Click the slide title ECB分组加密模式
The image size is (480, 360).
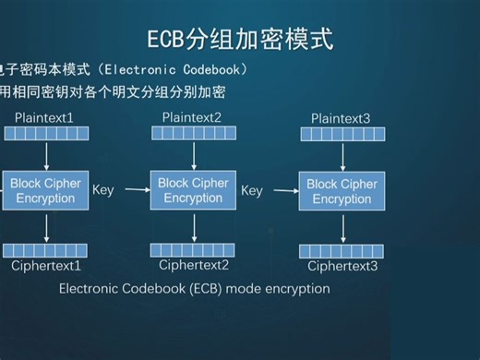point(240,39)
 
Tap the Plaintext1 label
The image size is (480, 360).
point(44,117)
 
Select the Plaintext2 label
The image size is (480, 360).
point(192,117)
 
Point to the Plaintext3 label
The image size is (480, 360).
point(341,119)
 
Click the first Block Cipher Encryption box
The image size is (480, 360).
point(45,191)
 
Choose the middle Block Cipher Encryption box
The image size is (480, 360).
point(193,190)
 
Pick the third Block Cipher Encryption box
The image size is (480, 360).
point(342,192)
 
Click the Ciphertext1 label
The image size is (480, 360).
point(46,266)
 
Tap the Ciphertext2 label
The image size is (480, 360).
point(194,265)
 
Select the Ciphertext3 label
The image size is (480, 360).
point(342,267)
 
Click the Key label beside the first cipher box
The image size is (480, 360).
point(103,190)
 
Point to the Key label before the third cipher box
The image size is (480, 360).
point(252,191)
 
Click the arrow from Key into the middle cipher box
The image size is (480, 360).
point(137,190)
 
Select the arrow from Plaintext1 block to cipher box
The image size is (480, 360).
point(45,155)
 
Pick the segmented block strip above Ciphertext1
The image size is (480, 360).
point(45,250)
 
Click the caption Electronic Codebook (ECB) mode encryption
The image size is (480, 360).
point(194,288)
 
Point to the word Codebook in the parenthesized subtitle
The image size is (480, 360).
point(210,69)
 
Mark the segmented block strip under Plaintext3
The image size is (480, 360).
point(342,135)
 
